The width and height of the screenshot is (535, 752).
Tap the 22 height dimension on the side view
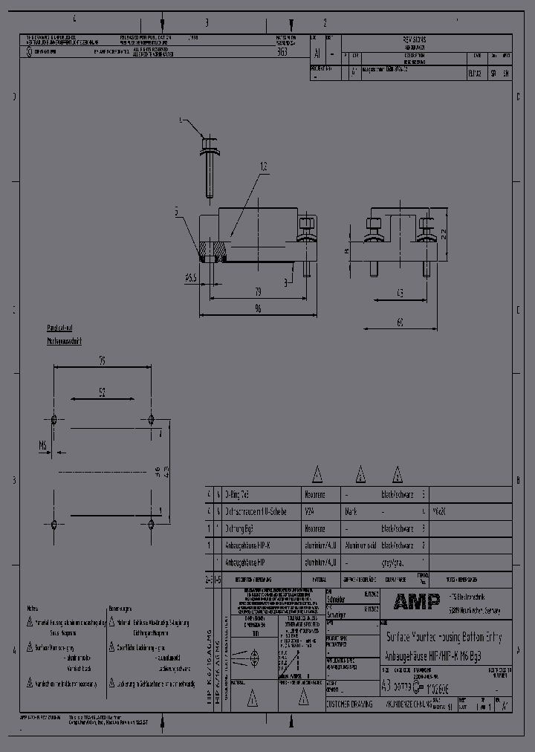443,233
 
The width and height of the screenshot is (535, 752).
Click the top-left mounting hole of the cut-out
53,419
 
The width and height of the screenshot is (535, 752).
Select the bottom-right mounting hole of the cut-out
151,525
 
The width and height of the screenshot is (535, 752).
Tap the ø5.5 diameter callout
190,278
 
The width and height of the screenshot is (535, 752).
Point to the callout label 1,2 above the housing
264,165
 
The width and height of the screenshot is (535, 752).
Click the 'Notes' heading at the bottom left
33,606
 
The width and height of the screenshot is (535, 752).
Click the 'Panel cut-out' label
59,328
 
